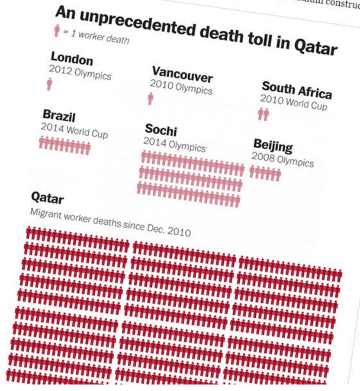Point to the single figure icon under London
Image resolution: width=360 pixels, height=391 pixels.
(49, 84)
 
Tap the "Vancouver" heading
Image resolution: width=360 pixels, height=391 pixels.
(182, 74)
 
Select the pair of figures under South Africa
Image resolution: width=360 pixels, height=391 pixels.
(263, 114)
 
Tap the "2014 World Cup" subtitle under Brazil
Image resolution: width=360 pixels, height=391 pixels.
(74, 130)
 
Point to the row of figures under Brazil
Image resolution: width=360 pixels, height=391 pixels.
(64, 145)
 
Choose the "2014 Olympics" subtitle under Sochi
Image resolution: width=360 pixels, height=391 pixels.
(174, 145)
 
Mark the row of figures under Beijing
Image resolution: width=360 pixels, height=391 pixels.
(265, 174)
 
